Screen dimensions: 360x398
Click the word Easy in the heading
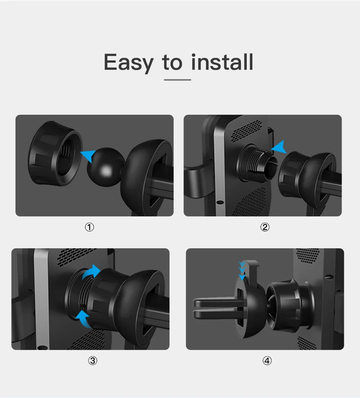(x=129, y=62)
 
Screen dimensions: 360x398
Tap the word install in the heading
(x=222, y=62)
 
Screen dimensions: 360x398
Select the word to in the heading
(x=172, y=62)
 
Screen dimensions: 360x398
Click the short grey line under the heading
(x=177, y=80)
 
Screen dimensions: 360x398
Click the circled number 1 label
(x=89, y=227)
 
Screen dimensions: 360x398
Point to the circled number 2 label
(x=265, y=227)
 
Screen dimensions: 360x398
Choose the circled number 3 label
(x=93, y=360)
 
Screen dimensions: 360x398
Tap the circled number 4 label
(x=267, y=360)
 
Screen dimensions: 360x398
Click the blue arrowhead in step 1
(x=88, y=155)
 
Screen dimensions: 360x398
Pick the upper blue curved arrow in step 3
(x=91, y=272)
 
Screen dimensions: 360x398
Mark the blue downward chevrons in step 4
(x=242, y=271)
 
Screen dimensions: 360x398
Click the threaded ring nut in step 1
(x=55, y=153)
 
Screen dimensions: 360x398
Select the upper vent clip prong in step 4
(x=216, y=302)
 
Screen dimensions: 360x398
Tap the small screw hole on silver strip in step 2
(x=220, y=202)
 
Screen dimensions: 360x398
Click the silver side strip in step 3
(x=42, y=299)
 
